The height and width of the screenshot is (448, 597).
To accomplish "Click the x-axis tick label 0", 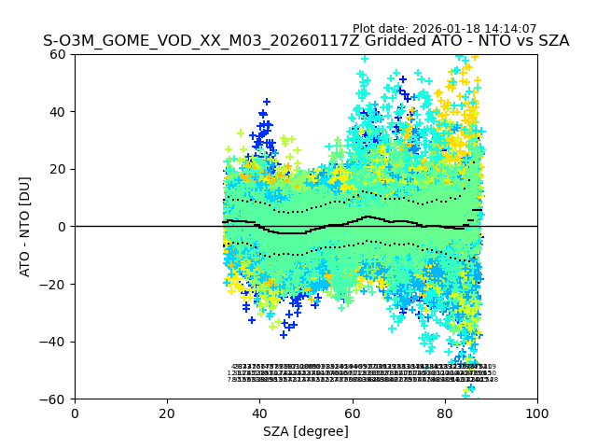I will (x=75, y=413).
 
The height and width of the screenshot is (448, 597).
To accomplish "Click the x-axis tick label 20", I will (x=167, y=413).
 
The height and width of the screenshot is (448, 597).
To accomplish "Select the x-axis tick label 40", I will (x=259, y=413).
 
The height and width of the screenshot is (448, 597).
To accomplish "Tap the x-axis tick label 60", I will (x=352, y=413).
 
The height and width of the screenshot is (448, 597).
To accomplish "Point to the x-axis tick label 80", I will (x=445, y=413).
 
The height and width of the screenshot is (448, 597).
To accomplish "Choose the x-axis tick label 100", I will (x=537, y=413).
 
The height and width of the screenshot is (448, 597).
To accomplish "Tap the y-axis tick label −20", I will (x=55, y=285).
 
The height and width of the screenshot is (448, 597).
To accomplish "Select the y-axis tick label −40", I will (x=55, y=342).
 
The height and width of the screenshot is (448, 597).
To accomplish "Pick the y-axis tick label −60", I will (x=55, y=399).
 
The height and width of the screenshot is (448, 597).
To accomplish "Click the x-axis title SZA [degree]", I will (x=306, y=431).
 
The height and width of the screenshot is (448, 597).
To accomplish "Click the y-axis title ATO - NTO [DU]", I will (x=25, y=227).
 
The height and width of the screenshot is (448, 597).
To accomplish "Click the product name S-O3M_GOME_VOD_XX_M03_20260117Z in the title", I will (x=197, y=41).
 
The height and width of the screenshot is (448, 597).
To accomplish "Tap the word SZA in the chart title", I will (x=551, y=41).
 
